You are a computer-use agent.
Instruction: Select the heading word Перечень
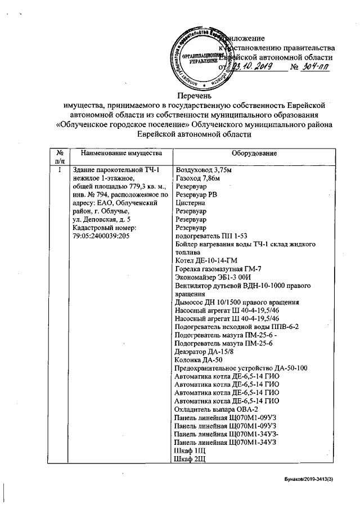(195, 94)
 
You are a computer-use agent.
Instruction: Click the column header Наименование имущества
(121, 153)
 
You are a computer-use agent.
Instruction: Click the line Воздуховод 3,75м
(204, 169)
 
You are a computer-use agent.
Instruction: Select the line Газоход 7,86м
(198, 178)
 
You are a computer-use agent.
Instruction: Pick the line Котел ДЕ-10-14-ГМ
(206, 261)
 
